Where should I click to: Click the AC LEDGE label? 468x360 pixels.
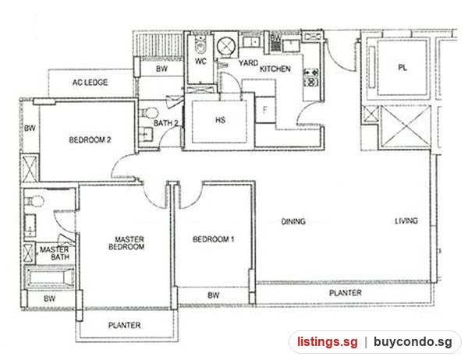[90, 83]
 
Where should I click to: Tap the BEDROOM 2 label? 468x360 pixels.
[90, 139]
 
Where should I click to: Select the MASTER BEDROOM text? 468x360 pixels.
[126, 243]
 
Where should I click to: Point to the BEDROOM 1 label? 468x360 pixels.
[213, 239]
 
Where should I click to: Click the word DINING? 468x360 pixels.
[293, 221]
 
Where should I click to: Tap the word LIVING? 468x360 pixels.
[406, 221]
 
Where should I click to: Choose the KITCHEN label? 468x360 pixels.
[275, 69]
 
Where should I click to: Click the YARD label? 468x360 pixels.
[248, 63]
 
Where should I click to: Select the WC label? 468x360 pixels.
[200, 62]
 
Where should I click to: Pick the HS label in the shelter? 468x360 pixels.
[220, 120]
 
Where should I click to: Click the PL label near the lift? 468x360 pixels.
[402, 68]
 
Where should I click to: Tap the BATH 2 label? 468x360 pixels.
[166, 123]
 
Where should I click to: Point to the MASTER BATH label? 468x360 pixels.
[55, 253]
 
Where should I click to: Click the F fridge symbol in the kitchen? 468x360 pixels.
[264, 111]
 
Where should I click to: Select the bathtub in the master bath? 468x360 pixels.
[49, 277]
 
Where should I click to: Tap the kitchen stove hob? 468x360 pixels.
[311, 77]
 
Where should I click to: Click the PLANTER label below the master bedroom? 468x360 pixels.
[125, 325]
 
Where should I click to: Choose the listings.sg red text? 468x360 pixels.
[327, 342]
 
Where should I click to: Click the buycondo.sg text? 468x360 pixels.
[413, 342]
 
